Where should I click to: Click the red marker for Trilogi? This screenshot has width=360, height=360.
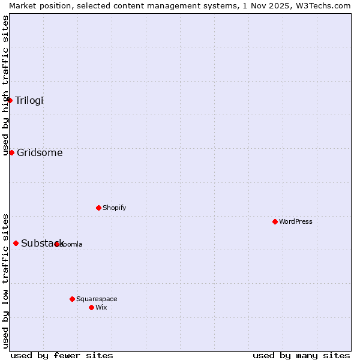click(x=10, y=100)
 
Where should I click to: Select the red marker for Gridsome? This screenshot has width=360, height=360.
click(x=11, y=152)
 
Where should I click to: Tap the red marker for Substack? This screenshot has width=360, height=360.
click(x=16, y=243)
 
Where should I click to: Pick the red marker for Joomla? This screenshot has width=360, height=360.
click(x=57, y=244)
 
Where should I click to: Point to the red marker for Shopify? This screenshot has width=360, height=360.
click(x=99, y=208)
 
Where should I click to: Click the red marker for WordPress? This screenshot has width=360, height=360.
click(x=275, y=221)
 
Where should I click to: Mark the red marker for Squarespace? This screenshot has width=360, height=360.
click(x=73, y=299)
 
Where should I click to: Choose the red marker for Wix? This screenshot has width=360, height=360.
click(x=92, y=307)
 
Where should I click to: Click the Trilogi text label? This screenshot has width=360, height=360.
click(x=29, y=100)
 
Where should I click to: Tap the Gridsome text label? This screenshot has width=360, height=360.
click(x=40, y=152)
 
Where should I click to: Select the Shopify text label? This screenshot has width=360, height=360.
click(x=115, y=208)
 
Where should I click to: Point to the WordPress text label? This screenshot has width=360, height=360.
click(x=296, y=221)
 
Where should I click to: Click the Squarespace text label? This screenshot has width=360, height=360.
click(x=97, y=299)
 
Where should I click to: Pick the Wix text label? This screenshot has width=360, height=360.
click(x=101, y=307)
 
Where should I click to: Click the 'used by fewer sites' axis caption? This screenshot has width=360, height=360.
click(x=62, y=355)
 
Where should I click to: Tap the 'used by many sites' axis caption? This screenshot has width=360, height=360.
click(x=301, y=355)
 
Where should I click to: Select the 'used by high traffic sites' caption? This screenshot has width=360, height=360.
click(x=5, y=85)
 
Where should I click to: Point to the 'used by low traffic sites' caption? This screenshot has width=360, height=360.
click(x=5, y=280)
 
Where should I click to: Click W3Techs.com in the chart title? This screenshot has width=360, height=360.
click(x=326, y=5)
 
